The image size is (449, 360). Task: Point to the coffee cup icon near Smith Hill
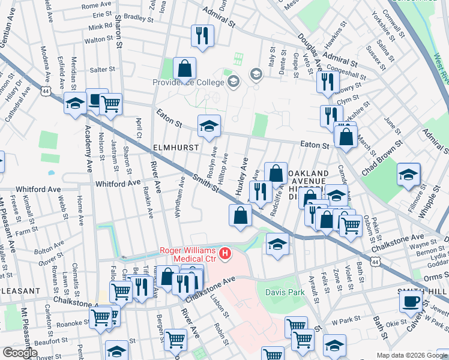pyautogui.click(x=411, y=301)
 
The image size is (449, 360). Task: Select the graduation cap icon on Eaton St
pyautogui.click(x=209, y=126)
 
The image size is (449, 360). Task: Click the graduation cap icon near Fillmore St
pyautogui.click(x=408, y=174)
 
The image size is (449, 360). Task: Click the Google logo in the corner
pyautogui.click(x=20, y=353)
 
